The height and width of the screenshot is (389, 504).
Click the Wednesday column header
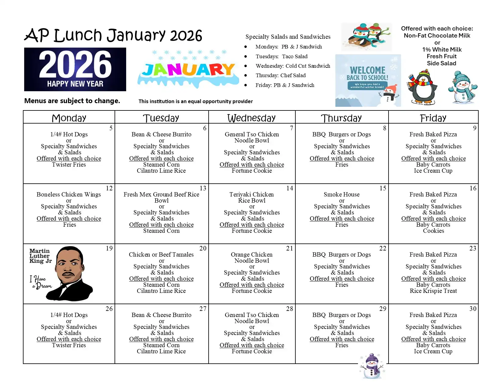coord(251,118)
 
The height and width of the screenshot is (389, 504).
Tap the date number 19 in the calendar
coord(109,248)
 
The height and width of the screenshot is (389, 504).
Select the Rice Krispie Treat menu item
coord(433,291)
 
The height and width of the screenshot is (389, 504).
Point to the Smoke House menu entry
coord(341,194)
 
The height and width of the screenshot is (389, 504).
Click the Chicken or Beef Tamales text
coord(161,254)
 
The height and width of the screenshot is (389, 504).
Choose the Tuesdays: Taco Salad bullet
coord(281,56)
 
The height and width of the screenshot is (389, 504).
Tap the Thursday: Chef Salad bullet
coord(280,75)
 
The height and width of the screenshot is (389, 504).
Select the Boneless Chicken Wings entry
coord(69,194)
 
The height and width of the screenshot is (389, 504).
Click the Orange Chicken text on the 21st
coord(252,254)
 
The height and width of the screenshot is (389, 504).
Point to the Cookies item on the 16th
coord(433,231)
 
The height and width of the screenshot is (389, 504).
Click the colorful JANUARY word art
coord(188,70)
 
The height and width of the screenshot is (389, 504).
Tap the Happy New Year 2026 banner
coord(75,69)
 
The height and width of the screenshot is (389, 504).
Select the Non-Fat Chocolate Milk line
coord(437,35)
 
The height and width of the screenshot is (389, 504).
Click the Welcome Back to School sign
coord(368,81)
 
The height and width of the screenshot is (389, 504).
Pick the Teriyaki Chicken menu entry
coord(252,194)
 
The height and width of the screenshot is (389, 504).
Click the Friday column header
coord(433,118)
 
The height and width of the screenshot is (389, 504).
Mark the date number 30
coord(473,309)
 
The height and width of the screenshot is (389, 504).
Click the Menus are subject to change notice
coord(72,101)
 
